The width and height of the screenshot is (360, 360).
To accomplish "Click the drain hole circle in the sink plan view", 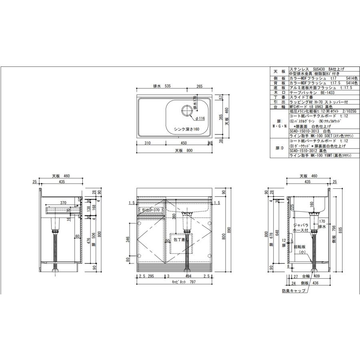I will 187,110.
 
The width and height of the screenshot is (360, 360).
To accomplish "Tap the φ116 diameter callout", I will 200,118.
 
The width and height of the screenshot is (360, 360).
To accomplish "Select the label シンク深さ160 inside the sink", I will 186,129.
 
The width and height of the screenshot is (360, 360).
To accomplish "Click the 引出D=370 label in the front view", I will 148,210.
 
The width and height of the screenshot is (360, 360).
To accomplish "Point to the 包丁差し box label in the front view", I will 179,240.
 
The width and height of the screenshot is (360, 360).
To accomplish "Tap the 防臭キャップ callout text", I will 293,290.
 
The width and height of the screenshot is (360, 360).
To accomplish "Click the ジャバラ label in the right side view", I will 300,225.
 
